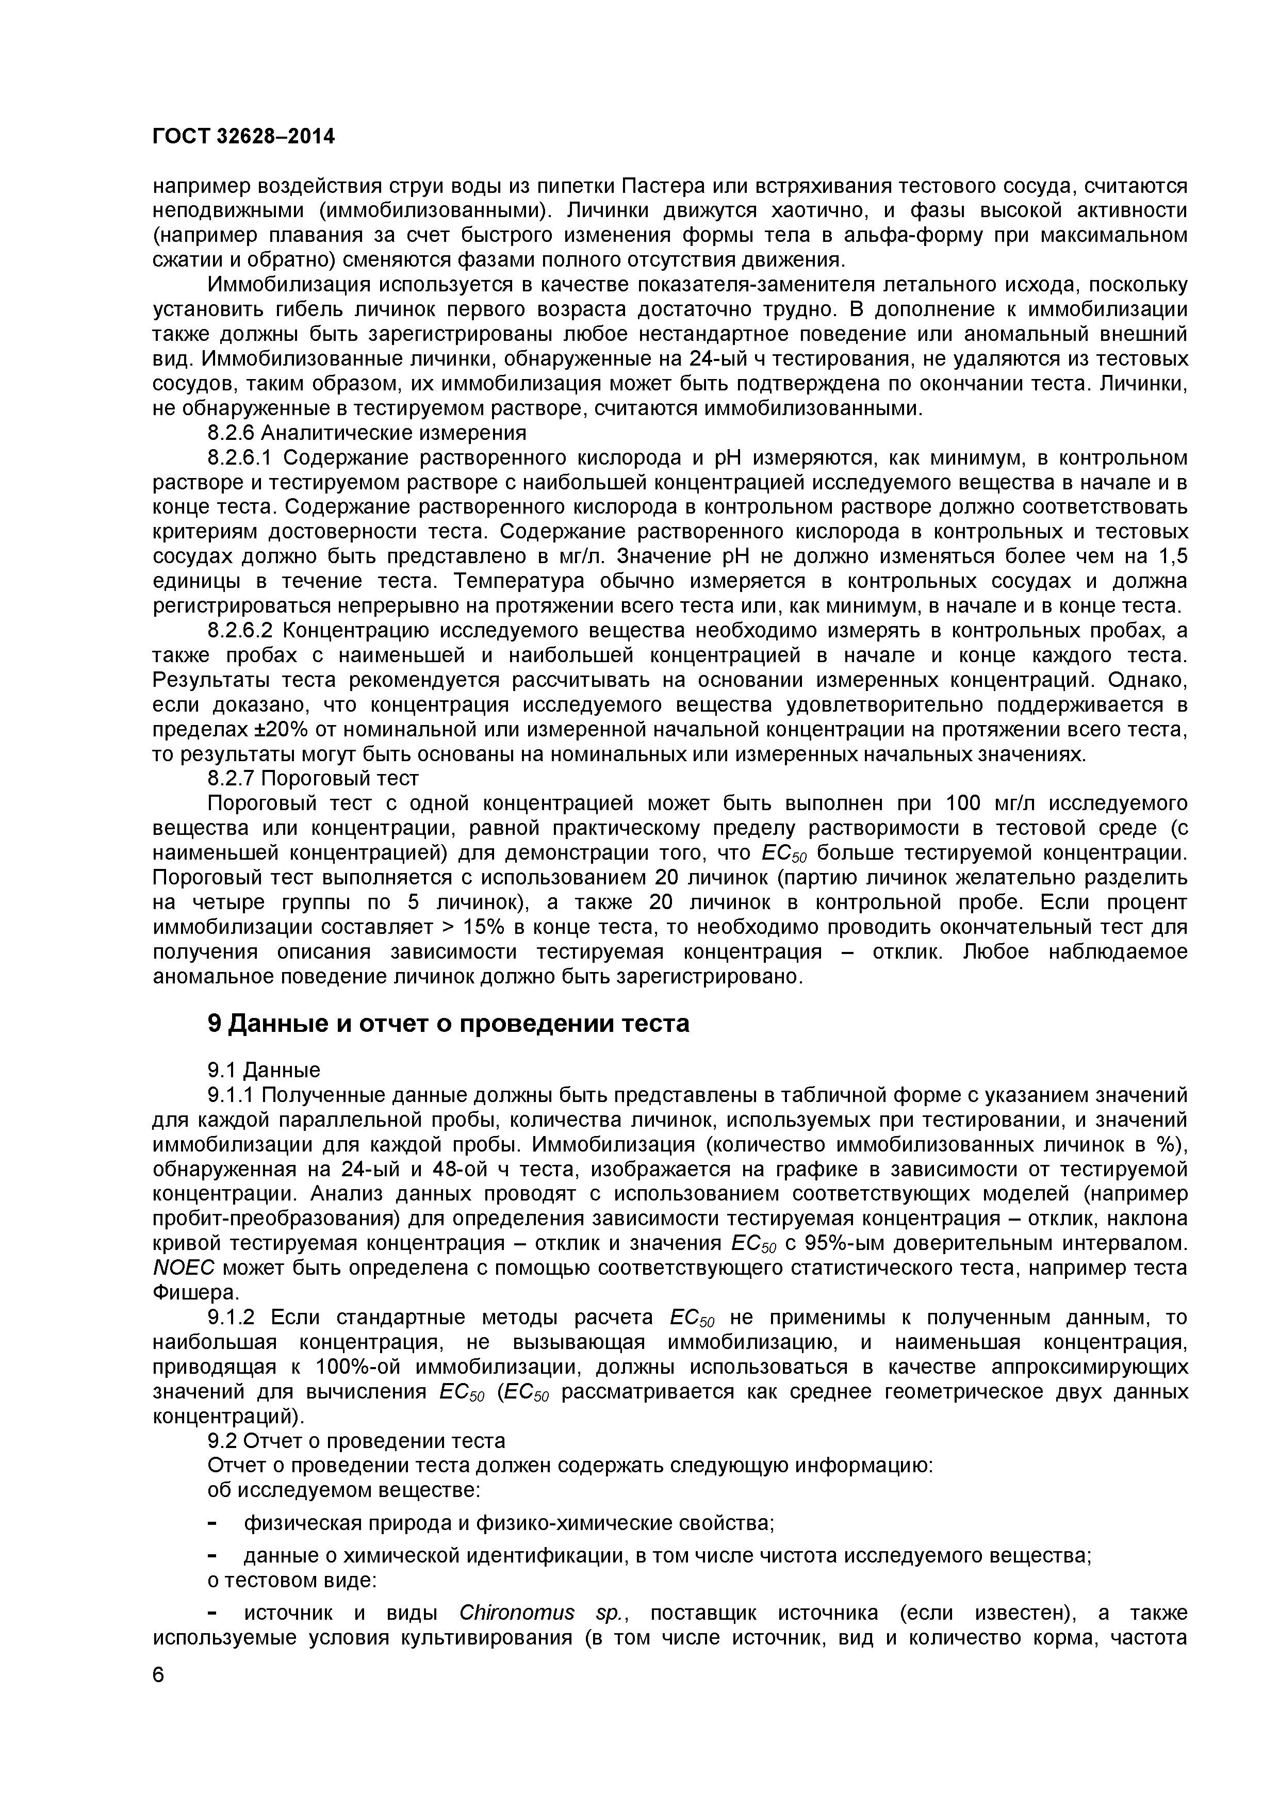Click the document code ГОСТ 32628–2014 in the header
243,137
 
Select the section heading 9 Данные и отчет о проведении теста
448,1024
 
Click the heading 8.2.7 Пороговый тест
313,779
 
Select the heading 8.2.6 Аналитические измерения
367,433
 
